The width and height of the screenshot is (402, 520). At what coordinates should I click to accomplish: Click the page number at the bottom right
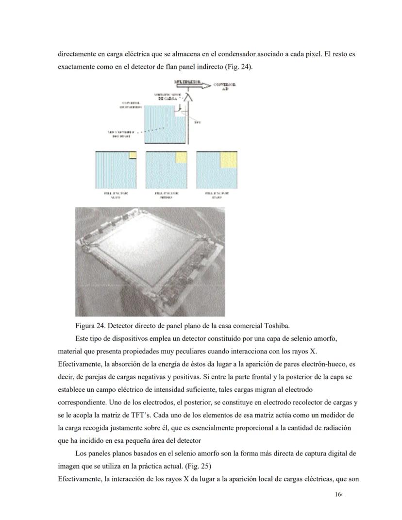[339, 494]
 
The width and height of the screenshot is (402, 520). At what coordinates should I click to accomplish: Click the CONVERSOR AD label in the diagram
[226, 86]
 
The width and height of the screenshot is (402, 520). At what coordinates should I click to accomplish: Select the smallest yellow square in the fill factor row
[133, 155]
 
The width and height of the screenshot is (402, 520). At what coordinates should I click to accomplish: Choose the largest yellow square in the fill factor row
[229, 160]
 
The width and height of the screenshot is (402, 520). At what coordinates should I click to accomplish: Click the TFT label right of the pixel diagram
[197, 122]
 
